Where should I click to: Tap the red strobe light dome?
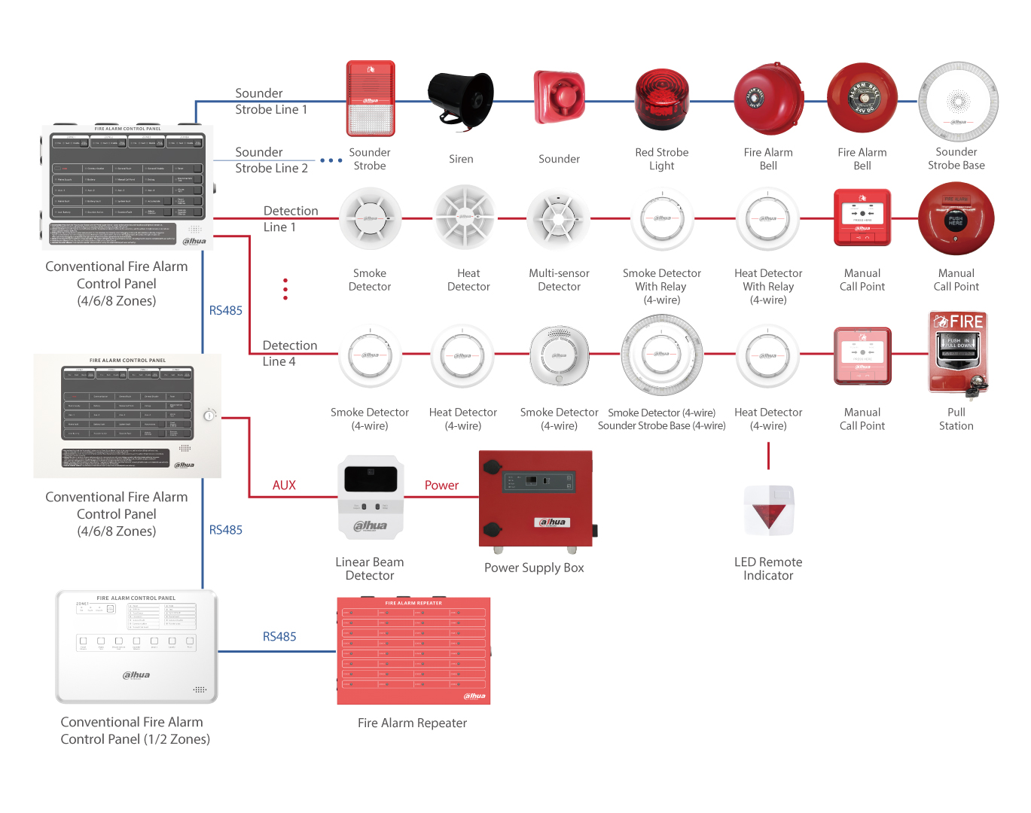point(661,99)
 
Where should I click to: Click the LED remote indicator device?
point(769,510)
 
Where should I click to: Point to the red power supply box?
point(535,499)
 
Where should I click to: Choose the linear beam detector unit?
point(370,498)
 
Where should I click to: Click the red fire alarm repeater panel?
point(413,651)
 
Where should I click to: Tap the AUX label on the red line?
point(284,486)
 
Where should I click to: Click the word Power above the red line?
point(441,486)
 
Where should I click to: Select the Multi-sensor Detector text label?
point(559,280)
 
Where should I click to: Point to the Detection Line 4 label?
point(289,353)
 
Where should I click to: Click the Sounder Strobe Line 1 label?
point(271,102)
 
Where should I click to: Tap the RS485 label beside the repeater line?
point(279,637)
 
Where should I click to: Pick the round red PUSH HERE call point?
point(956,219)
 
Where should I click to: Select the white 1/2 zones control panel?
point(136,647)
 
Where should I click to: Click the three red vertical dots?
point(285,289)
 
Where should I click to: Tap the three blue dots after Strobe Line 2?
point(331,160)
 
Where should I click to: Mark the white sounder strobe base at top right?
point(958,102)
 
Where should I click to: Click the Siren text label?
point(461,159)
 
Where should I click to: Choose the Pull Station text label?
point(956,419)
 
